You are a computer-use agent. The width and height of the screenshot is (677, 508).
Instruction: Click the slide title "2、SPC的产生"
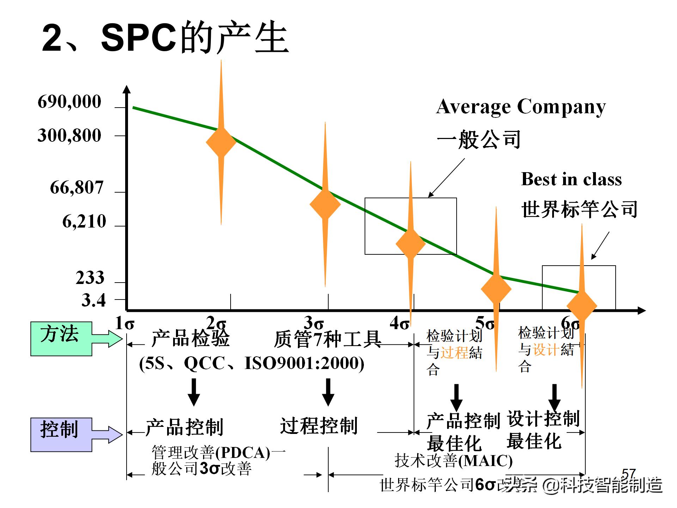tap(165, 38)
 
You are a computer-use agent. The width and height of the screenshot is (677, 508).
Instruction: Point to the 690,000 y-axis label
tap(69, 102)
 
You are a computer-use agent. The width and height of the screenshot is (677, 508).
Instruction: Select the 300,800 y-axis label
tap(69, 135)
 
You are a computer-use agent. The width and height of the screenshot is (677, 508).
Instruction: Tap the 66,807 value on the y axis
tap(77, 187)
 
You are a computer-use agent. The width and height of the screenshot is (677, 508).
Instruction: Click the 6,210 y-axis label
tap(84, 222)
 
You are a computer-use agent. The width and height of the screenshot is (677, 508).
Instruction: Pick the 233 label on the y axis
tap(90, 278)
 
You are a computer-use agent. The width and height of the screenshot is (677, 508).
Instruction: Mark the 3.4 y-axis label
tap(94, 300)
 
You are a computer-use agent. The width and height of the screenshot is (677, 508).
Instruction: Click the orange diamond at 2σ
tap(221, 142)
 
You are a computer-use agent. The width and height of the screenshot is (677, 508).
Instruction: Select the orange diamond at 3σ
tap(325, 204)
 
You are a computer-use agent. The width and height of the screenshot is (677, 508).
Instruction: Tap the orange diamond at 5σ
tap(496, 289)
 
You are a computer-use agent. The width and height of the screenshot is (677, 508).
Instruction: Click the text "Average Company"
tap(521, 107)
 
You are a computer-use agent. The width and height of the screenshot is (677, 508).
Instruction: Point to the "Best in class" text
tap(571, 179)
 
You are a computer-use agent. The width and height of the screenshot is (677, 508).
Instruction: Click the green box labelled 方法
tap(61, 338)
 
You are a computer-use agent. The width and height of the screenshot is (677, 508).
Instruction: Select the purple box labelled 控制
tap(61, 434)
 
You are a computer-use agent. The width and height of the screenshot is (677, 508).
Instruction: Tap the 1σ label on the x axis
tap(125, 323)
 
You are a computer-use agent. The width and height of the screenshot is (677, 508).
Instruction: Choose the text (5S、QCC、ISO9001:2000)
tap(252, 363)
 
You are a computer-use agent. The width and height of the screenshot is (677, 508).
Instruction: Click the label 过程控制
tap(319, 426)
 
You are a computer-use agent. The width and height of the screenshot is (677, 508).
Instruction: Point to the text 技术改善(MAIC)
tap(454, 460)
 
